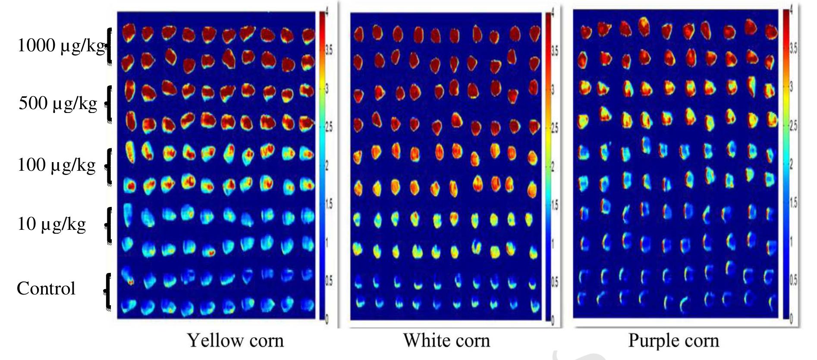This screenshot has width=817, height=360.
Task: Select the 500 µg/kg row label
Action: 58,103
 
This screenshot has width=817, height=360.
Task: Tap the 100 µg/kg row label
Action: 56,165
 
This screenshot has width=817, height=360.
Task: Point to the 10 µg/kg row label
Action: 51,224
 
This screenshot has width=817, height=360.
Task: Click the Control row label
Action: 46,288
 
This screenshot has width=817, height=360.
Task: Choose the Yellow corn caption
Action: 236,341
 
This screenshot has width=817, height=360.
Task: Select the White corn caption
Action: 446,341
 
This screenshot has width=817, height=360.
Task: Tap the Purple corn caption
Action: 673,341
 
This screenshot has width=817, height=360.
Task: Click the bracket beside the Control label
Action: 108,291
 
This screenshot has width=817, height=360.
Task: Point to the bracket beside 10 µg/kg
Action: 109,224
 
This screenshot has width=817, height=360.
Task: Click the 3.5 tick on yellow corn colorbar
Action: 329,51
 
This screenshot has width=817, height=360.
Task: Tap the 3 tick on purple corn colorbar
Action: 791,87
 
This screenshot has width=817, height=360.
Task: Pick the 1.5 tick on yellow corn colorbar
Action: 329,204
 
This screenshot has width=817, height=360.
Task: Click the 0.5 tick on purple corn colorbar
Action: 793,280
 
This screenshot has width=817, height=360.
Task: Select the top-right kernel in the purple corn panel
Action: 771,32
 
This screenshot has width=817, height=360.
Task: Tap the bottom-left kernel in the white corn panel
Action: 358,303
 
